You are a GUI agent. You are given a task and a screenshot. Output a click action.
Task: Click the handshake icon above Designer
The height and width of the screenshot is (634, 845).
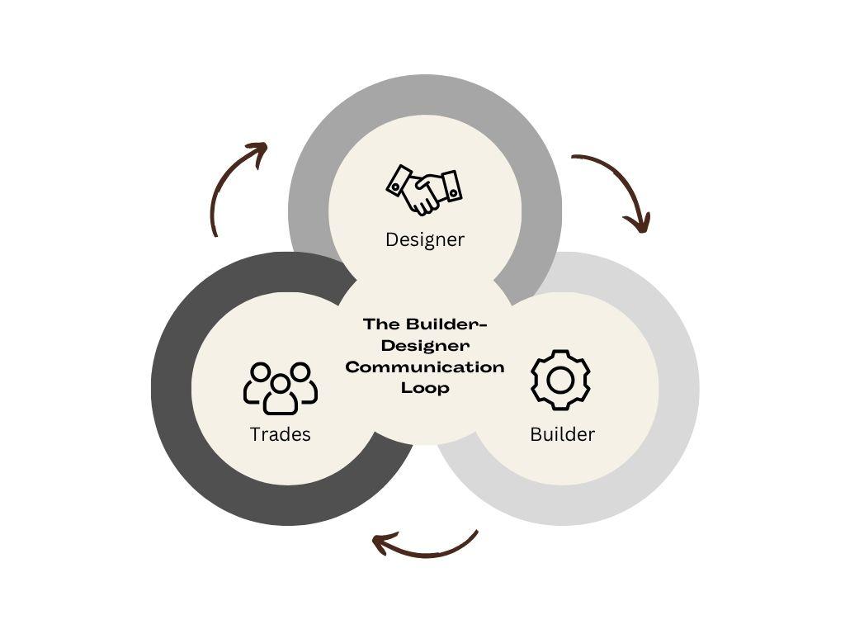point(424,189)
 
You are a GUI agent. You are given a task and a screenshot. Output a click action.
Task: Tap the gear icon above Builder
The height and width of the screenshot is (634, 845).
point(560,380)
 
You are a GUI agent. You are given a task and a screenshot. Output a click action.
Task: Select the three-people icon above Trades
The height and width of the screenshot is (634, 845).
point(281,387)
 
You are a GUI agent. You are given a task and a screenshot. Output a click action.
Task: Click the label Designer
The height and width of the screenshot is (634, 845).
point(425,239)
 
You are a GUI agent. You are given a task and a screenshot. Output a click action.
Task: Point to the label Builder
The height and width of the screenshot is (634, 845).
point(562,434)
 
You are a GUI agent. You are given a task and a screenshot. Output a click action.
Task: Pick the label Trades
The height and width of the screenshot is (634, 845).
point(281,434)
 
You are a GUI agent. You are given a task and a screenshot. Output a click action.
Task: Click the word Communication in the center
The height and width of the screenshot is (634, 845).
point(425,367)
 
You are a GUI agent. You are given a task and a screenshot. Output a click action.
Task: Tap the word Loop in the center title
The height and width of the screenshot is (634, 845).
point(425,388)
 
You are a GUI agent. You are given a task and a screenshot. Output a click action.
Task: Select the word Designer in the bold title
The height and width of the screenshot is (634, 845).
point(425,345)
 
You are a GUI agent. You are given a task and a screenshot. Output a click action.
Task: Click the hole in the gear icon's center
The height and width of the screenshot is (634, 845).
point(560,380)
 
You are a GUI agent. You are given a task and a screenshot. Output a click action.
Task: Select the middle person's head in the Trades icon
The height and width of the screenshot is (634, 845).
point(281,383)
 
